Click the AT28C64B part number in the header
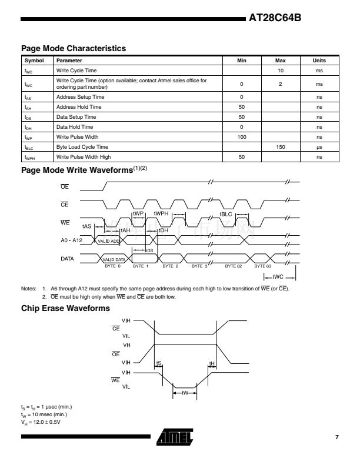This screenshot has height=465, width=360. [275, 18]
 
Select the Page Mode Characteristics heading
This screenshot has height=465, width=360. [74, 48]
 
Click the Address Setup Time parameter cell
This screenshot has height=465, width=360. [81, 96]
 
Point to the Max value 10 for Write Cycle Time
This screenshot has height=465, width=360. [281, 70]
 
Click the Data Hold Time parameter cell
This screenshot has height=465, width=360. [74, 127]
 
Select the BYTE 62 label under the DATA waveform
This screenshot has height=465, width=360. [235, 266]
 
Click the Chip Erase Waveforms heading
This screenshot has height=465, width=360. [65, 308]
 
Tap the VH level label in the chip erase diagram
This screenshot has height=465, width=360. [126, 344]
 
